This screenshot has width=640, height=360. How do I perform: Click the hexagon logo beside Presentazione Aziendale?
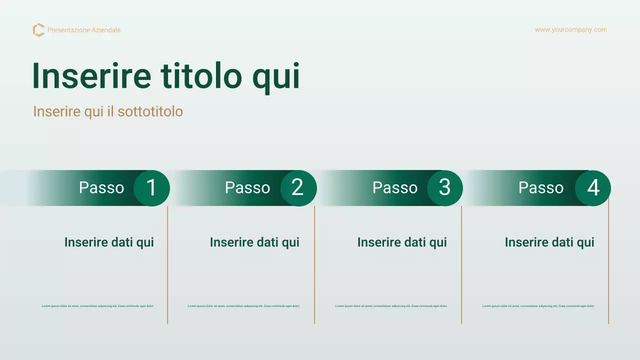click(38, 30)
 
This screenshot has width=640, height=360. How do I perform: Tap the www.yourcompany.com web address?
click(570, 29)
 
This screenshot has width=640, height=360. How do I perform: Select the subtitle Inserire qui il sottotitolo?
click(108, 111)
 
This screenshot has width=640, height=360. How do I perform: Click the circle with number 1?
click(151, 188)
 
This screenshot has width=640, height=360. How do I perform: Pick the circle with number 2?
click(298, 188)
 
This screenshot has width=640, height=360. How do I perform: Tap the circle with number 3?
click(444, 188)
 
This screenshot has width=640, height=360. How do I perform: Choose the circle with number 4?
click(592, 188)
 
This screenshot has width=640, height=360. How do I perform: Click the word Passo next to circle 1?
click(101, 187)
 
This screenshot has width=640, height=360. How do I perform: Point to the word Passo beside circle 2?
click(247, 187)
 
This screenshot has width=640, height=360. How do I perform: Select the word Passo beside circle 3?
click(395, 187)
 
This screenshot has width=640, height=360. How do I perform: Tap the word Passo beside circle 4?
click(541, 187)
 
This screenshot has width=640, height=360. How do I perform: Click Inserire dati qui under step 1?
click(109, 242)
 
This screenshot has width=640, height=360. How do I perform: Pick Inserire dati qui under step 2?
click(254, 242)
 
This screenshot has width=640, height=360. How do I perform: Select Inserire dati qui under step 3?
click(402, 242)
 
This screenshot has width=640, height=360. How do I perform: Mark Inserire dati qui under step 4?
click(549, 242)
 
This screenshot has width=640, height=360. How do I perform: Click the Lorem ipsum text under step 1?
click(97, 306)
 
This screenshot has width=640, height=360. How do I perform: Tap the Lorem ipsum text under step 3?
click(391, 306)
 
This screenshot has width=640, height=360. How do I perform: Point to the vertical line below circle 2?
click(314, 265)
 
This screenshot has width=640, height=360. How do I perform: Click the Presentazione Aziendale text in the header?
click(84, 30)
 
